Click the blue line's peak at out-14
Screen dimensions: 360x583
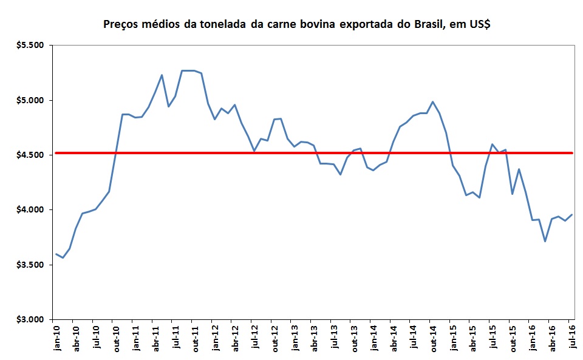click(432, 102)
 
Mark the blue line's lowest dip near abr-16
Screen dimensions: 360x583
click(545, 241)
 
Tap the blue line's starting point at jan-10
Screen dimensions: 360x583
click(56, 254)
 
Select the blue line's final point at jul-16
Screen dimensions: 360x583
click(572, 214)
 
